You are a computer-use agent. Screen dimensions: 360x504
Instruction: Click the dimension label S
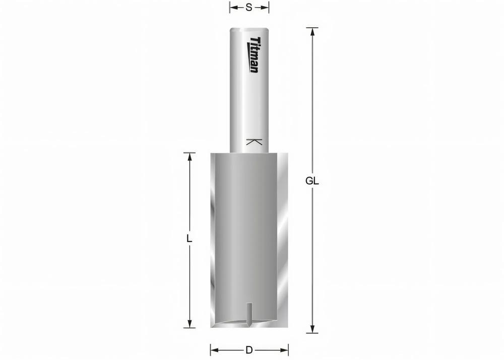tap(249, 8)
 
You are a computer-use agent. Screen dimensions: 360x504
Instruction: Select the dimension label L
tap(190, 239)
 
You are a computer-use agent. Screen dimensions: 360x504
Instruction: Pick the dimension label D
tap(249, 349)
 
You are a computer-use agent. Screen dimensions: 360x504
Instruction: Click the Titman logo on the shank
tap(255, 54)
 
